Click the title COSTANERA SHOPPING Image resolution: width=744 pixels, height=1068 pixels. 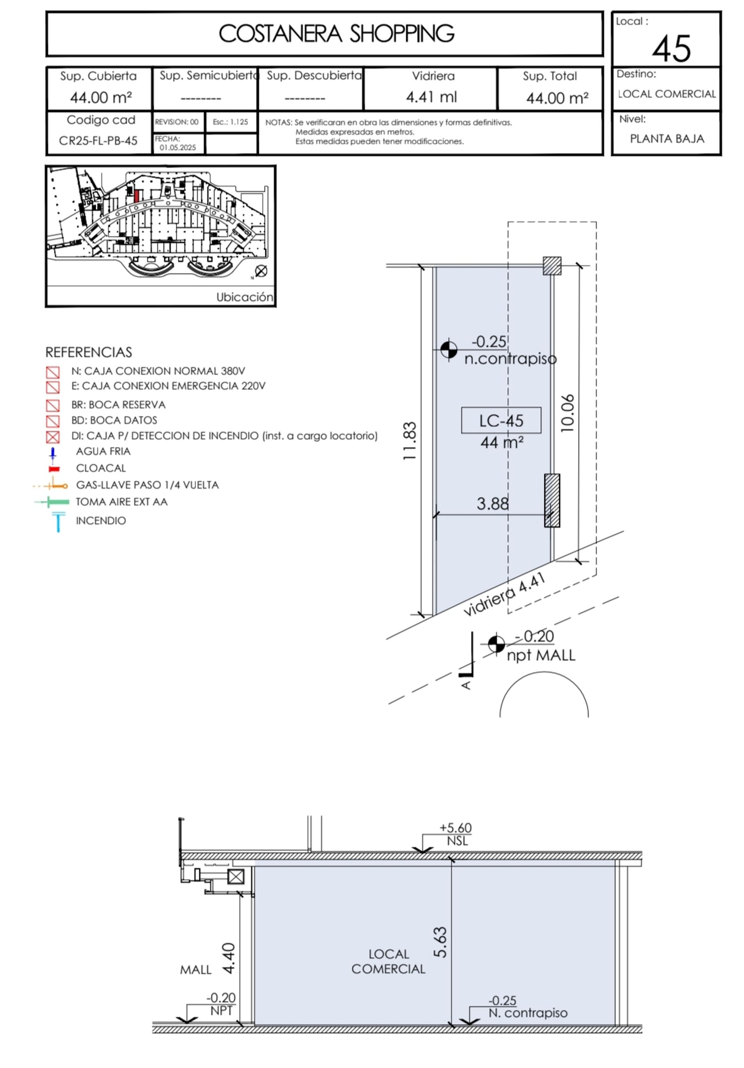click(x=336, y=33)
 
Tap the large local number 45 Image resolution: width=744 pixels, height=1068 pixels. click(x=671, y=49)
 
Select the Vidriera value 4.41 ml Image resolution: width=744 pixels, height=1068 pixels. click(x=431, y=97)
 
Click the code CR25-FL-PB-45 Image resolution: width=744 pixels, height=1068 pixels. click(x=98, y=140)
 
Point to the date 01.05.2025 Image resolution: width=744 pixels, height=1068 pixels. click(x=177, y=147)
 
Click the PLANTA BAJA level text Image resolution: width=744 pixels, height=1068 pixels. click(x=667, y=139)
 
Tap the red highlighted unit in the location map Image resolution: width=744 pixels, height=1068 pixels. click(x=136, y=195)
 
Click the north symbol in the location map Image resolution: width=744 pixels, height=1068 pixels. click(x=261, y=271)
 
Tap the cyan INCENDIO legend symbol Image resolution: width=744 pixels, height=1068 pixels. click(x=58, y=521)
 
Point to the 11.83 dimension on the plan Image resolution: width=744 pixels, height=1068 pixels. click(x=410, y=441)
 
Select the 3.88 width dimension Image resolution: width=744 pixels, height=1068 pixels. click(x=493, y=503)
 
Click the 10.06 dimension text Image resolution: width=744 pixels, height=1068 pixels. click(x=567, y=413)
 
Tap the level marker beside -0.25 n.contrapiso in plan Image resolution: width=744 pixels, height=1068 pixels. click(x=449, y=349)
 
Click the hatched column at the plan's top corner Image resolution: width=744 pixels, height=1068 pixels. click(x=552, y=266)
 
